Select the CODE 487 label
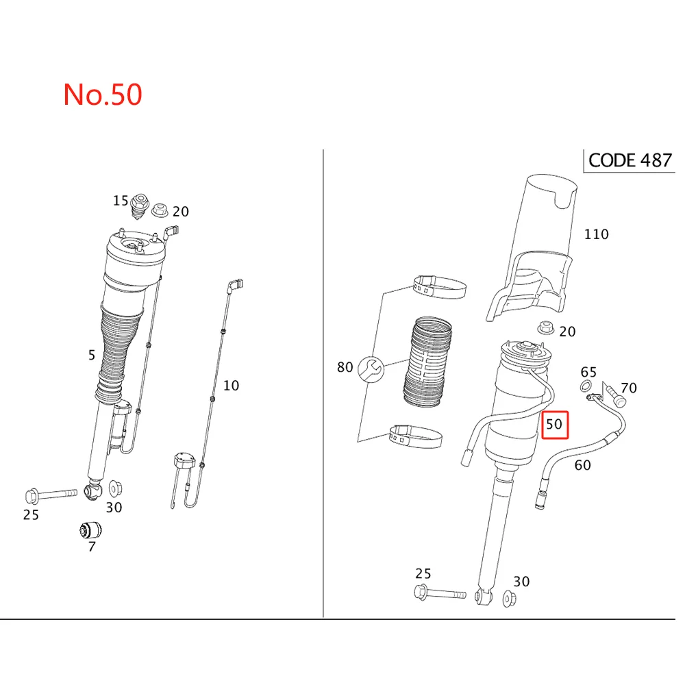pos(630,160)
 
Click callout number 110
pos(596,234)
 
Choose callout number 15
pos(121,201)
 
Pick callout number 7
pos(91,547)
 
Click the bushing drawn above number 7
pos(91,530)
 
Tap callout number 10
pos(232,386)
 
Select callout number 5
pos(92,355)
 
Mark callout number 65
pos(588,372)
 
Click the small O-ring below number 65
pos(586,388)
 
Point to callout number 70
pos(628,388)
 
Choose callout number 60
pos(582,466)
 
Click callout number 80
pos(345,368)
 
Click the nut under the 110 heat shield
pos(546,328)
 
